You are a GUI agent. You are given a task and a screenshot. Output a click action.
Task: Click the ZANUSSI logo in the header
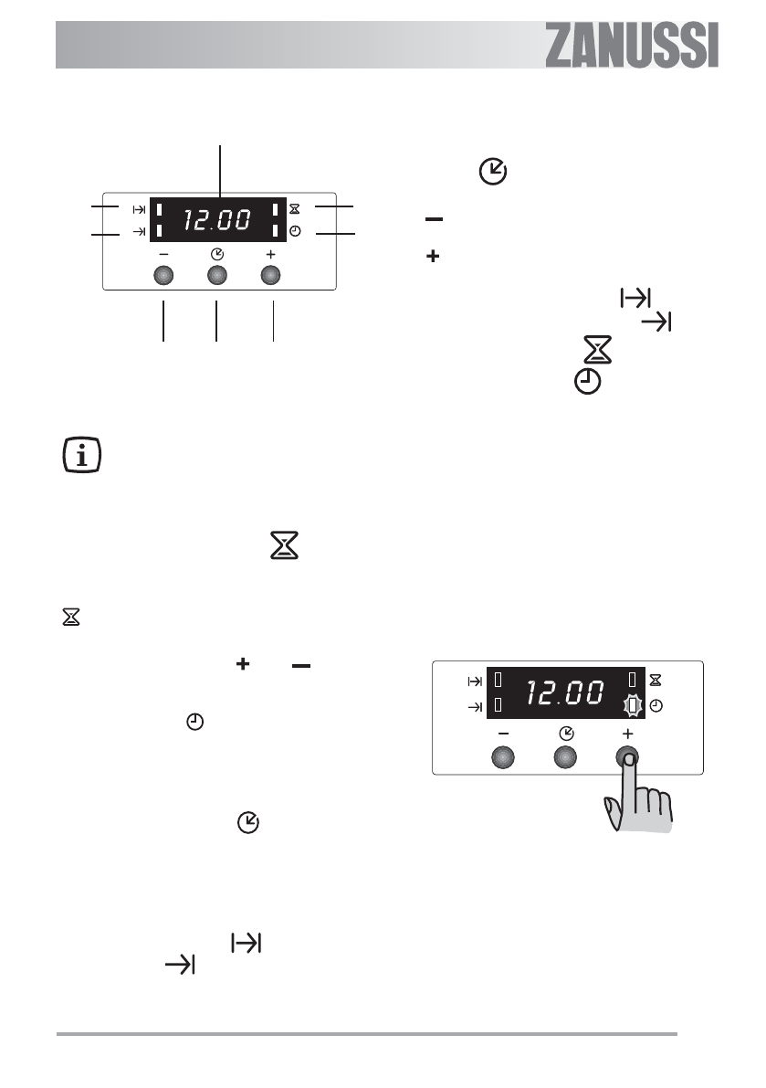[x=631, y=46]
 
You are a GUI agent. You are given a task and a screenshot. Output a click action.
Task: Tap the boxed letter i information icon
[x=82, y=456]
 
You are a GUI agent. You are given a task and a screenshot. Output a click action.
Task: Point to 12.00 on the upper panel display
[x=217, y=220]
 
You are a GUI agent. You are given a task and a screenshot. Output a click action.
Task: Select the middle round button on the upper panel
[x=217, y=276]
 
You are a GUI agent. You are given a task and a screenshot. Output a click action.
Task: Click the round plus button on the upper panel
[x=270, y=276]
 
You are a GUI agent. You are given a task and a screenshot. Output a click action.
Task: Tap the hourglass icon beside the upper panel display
[x=295, y=209]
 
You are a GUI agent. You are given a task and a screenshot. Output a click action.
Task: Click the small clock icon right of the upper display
[x=295, y=231]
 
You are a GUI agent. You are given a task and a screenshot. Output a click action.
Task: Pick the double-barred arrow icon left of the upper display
[x=140, y=209]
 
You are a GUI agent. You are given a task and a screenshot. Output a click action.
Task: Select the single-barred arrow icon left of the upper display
[x=140, y=232]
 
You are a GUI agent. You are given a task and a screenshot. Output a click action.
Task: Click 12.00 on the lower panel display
[x=565, y=692]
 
